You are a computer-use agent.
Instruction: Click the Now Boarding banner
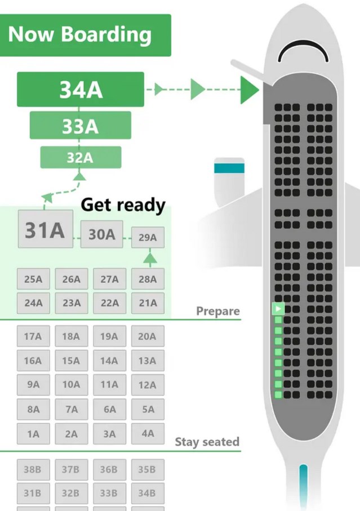coord(85,35)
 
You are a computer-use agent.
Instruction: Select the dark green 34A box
coord(81,89)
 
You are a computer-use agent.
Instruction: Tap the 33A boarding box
coord(80,126)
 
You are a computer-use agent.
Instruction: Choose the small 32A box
coord(80,158)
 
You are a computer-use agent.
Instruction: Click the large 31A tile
coord(45,229)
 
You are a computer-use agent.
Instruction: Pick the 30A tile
coord(101,234)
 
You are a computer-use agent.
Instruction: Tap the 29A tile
coord(148,238)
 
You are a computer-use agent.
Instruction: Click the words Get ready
coord(123,205)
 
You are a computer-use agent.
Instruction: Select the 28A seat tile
coord(148,279)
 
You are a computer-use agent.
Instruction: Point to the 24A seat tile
coord(33,303)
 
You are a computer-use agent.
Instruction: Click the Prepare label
coord(217,311)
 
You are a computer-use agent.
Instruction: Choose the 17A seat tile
coord(33,336)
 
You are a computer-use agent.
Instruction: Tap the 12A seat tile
coord(148,385)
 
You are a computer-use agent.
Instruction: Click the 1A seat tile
coord(33,434)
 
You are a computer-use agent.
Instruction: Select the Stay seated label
coord(207,442)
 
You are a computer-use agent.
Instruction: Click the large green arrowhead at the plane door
coord(249,90)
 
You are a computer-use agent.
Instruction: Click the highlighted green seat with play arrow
coord(278,309)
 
